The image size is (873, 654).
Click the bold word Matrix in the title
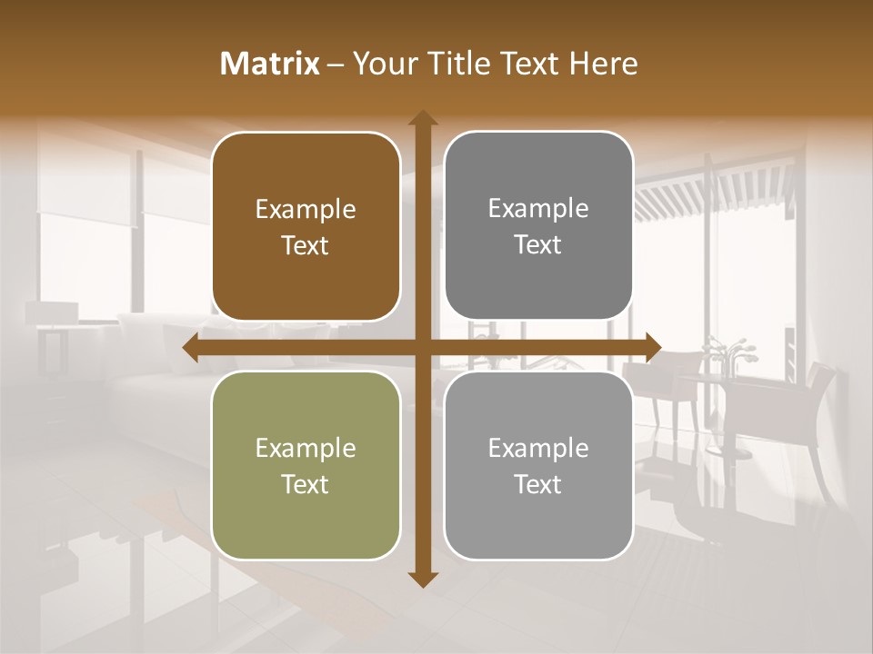point(270,64)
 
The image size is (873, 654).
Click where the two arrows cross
point(421,348)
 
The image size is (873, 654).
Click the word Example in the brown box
point(306,210)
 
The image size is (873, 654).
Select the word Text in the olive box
point(306,485)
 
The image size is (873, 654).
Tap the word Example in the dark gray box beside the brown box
point(538,208)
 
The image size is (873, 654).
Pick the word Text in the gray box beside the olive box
point(538,485)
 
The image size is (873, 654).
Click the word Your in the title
point(381,64)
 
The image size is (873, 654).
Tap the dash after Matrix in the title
point(336,64)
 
